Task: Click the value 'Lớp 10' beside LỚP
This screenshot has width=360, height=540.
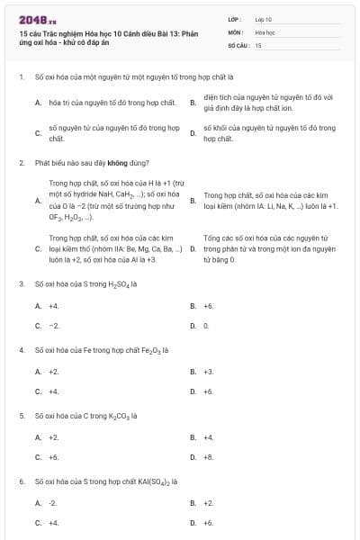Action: (264, 18)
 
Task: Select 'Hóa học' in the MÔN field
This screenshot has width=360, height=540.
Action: (264, 31)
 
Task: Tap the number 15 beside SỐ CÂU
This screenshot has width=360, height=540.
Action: (258, 43)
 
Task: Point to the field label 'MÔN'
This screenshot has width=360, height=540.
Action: (235, 31)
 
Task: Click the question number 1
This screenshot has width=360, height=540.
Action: (21, 77)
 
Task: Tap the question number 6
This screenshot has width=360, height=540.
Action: (21, 481)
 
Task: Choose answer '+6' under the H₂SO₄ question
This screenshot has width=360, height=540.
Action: (209, 305)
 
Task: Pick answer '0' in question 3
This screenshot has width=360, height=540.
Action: (206, 325)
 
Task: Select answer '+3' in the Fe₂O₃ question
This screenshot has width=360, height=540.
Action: (209, 371)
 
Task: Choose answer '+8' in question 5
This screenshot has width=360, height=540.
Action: (209, 456)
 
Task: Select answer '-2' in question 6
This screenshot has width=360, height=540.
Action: (52, 502)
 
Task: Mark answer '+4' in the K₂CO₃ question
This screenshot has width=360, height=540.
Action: (209, 436)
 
